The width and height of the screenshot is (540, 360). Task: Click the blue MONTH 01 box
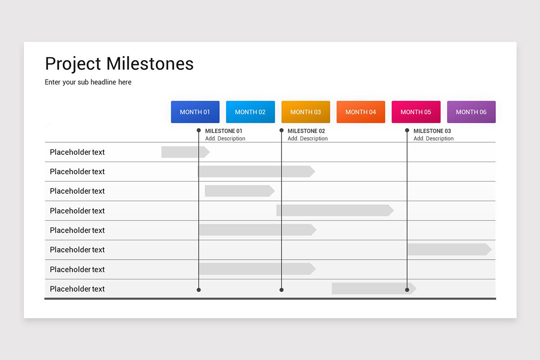(x=195, y=112)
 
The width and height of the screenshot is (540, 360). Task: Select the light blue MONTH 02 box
(x=250, y=112)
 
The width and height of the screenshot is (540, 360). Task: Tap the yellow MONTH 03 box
(x=306, y=112)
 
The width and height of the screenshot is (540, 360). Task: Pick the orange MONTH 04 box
(x=360, y=112)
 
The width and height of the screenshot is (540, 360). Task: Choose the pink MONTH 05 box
(x=416, y=112)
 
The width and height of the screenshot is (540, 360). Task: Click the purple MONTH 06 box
(x=471, y=112)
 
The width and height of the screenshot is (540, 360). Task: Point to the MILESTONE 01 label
(x=224, y=131)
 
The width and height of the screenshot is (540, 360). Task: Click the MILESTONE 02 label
(x=306, y=131)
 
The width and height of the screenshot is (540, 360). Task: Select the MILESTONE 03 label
(x=432, y=131)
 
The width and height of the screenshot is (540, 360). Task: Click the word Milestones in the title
(x=150, y=64)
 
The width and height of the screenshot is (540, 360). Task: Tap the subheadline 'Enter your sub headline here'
(x=88, y=82)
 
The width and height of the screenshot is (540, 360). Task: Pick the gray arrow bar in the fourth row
(x=334, y=210)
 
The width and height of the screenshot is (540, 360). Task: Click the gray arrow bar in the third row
(x=239, y=191)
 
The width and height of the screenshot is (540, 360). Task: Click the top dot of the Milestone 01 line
(x=198, y=130)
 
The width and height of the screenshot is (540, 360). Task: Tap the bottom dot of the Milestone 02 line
(x=281, y=290)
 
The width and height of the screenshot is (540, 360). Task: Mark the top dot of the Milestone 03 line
(x=407, y=130)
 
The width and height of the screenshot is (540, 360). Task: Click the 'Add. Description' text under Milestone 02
(x=308, y=139)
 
